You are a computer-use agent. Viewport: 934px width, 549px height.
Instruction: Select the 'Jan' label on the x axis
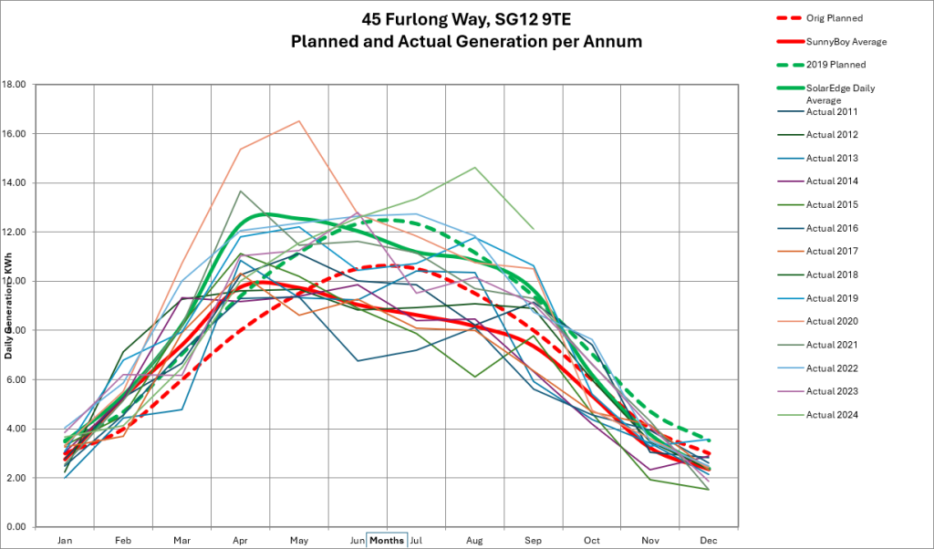64,540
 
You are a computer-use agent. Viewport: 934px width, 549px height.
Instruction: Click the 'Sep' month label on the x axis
534,540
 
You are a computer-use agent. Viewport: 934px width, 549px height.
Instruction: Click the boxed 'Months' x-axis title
388,540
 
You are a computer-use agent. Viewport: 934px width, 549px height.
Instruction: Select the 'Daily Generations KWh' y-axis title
12,305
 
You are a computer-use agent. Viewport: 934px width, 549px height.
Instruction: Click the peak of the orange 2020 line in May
298,120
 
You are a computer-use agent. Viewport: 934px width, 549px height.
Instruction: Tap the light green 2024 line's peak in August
475,167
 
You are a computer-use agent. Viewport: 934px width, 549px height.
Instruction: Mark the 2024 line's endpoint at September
534,229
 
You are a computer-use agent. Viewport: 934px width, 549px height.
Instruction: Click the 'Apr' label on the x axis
240,540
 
